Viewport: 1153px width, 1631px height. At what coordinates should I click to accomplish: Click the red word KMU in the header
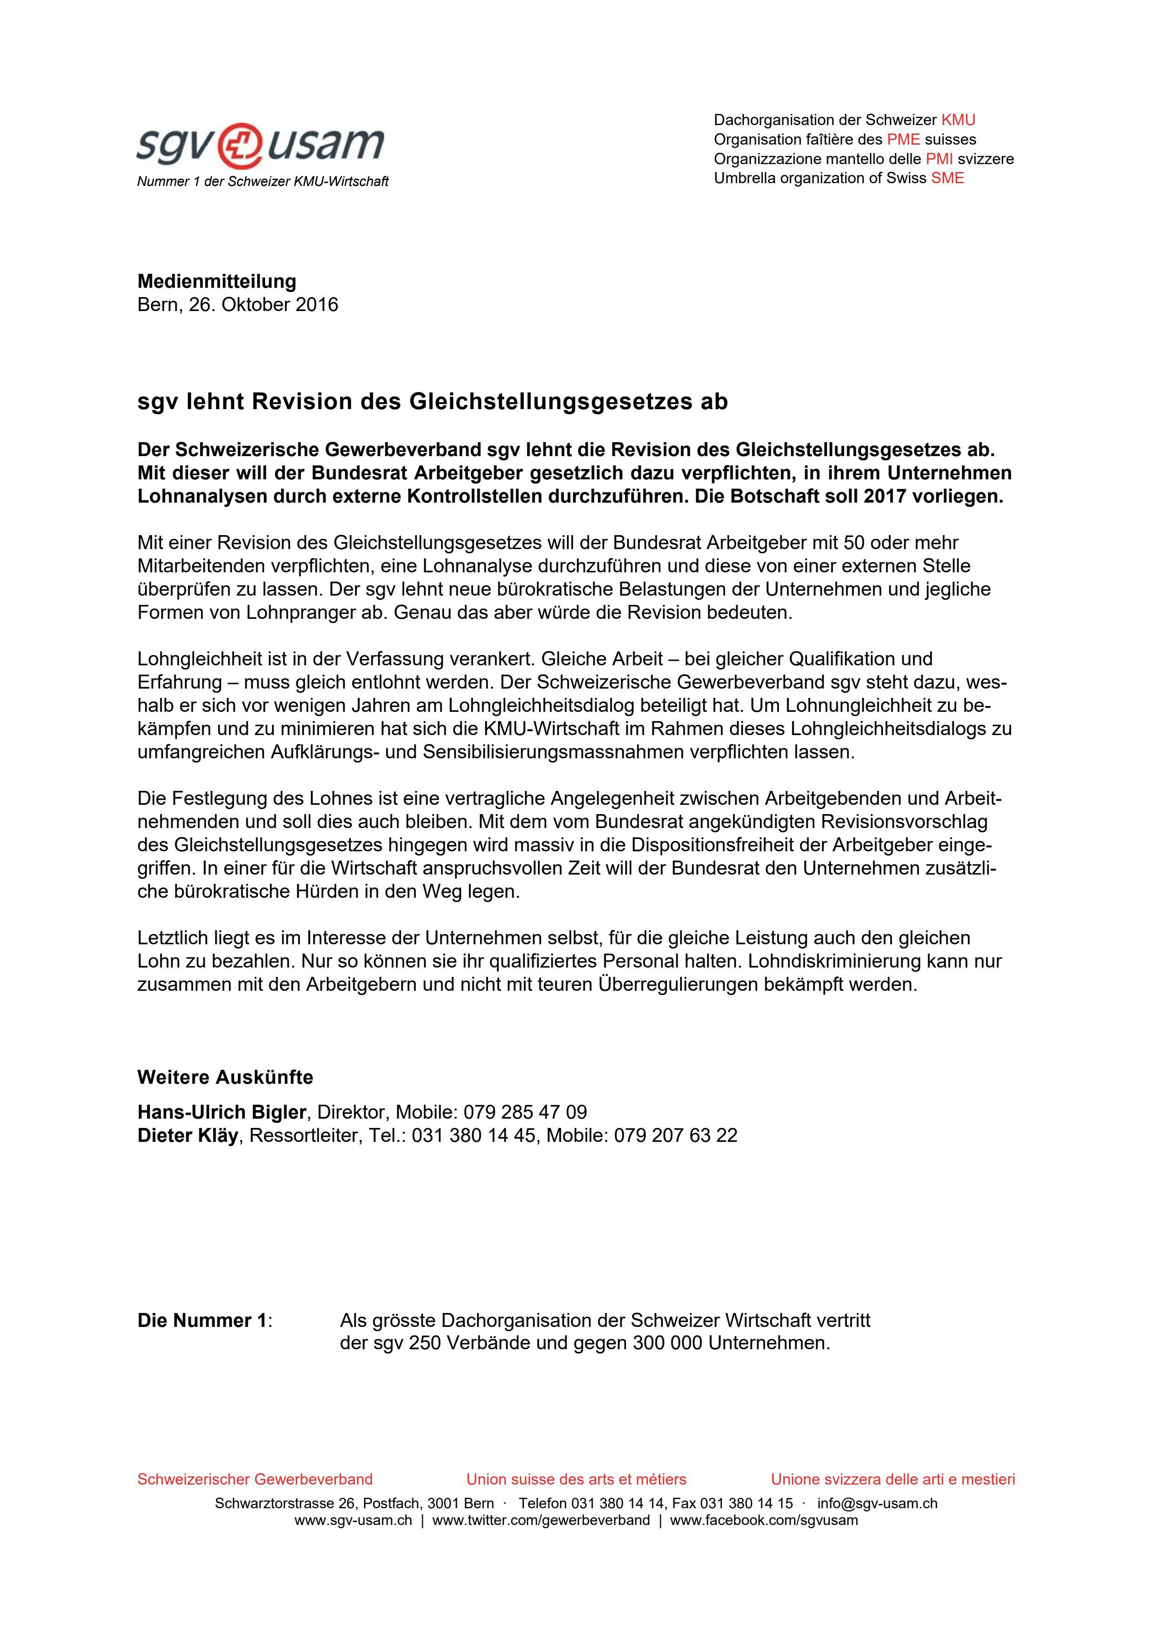[x=958, y=120]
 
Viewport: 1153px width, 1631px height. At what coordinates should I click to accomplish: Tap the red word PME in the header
[x=903, y=139]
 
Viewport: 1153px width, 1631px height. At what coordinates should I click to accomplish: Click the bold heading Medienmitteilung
[x=217, y=281]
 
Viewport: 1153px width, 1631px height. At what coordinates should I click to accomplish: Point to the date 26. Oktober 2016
[x=264, y=305]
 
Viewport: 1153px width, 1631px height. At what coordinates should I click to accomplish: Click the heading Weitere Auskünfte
[x=225, y=1078]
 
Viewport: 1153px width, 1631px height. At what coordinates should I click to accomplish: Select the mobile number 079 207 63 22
[x=676, y=1136]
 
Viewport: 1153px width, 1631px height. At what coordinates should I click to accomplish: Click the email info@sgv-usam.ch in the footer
[x=877, y=1504]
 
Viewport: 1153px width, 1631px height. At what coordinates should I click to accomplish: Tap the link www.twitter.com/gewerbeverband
[x=540, y=1521]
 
